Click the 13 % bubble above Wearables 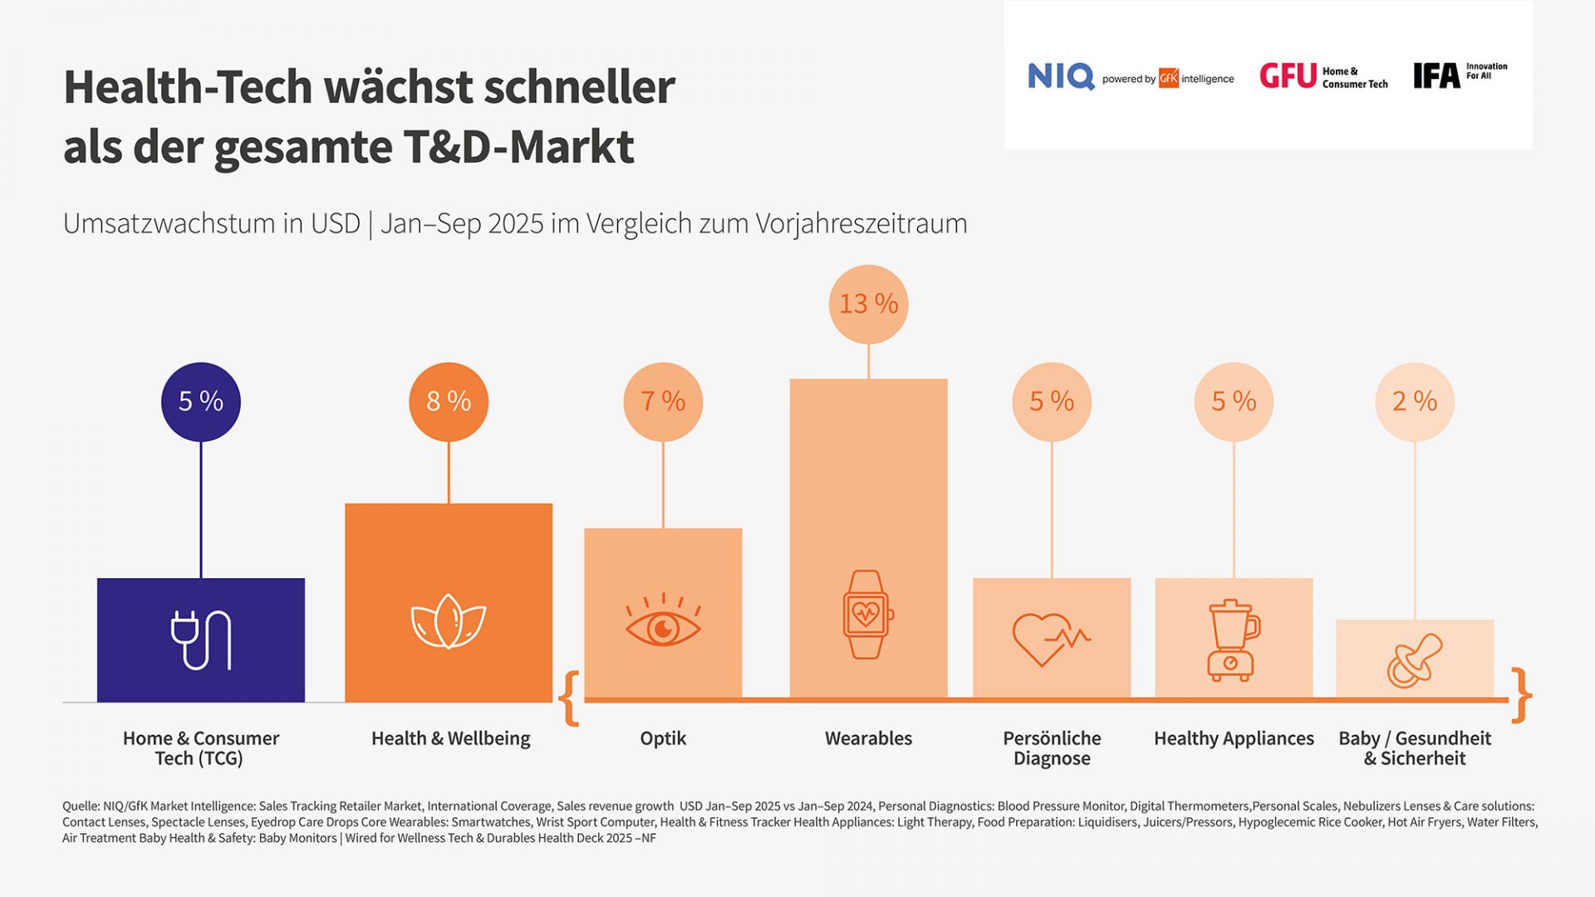(x=868, y=304)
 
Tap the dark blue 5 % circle (x=201, y=401)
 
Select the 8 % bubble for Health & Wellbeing (x=449, y=401)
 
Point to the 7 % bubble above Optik (x=663, y=401)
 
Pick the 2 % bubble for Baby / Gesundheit (x=1415, y=401)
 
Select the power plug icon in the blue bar (x=201, y=640)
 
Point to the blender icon (x=1233, y=640)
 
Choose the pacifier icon (x=1414, y=661)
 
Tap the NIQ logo (x=1061, y=76)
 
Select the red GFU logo (x=1288, y=76)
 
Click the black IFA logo (x=1436, y=76)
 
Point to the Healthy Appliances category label (x=1234, y=738)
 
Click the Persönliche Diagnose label (x=1052, y=747)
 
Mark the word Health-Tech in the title (x=188, y=87)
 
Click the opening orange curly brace (x=570, y=698)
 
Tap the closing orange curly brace (x=1521, y=695)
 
